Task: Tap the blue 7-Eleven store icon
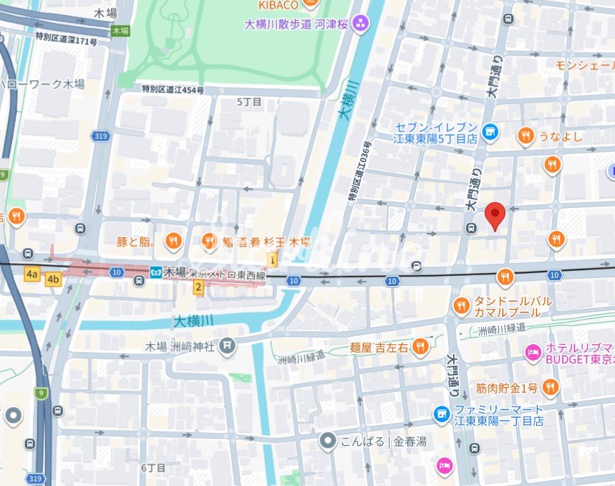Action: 490,131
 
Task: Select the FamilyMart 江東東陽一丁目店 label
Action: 498,415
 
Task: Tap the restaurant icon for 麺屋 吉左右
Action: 420,347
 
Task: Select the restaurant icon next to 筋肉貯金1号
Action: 550,388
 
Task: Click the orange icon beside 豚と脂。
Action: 173,242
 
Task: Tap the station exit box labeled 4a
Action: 32,274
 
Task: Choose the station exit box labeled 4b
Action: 53,279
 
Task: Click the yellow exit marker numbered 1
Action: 272,259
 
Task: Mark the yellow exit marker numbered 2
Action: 199,287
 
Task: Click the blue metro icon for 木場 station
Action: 155,272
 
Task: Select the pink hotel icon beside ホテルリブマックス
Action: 532,352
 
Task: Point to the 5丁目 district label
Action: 249,103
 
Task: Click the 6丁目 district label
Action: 153,467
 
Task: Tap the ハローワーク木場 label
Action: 43,84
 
